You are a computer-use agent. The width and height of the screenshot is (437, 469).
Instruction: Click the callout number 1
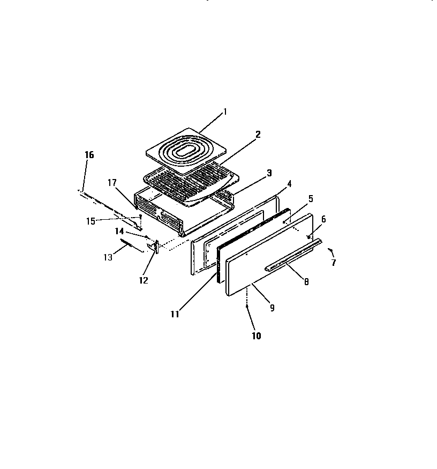(x=225, y=111)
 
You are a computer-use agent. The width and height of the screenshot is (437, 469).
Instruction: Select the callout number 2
(x=258, y=135)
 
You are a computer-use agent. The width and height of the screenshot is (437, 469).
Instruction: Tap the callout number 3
(x=269, y=173)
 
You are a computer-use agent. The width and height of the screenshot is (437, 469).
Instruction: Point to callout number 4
(x=289, y=184)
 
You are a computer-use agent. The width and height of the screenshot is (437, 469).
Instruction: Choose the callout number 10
(x=257, y=336)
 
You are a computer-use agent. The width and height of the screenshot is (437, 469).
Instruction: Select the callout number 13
(x=108, y=257)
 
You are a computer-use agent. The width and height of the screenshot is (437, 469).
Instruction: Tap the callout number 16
(x=89, y=155)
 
